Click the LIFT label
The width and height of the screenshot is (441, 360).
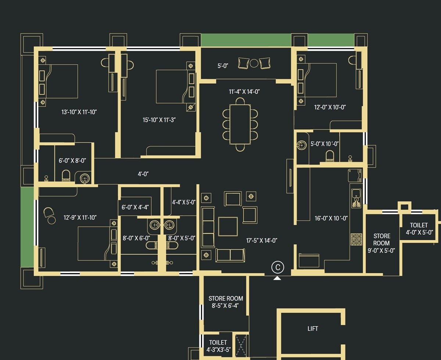tap(313, 329)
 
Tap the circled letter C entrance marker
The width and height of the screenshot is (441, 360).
tap(277, 267)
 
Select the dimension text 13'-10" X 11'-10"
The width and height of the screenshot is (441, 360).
tap(79, 112)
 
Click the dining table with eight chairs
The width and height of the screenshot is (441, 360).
tap(240, 125)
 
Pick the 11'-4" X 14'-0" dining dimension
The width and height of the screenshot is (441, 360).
tap(244, 92)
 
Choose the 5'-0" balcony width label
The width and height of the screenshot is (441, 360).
tap(223, 66)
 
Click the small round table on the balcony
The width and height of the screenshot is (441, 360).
tap(254, 63)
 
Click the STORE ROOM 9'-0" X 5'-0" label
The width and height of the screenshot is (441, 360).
tap(381, 243)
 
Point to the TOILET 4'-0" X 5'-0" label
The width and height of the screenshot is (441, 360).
tap(419, 228)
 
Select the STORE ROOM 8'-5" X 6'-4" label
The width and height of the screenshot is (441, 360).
tap(226, 302)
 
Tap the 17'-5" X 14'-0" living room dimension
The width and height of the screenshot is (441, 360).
tap(261, 241)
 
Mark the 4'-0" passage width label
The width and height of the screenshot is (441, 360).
tap(143, 174)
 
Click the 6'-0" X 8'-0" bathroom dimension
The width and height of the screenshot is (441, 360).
tap(72, 161)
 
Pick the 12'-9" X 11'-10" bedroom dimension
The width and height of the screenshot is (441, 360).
tap(80, 218)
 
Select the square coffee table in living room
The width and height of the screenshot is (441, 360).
tap(228, 226)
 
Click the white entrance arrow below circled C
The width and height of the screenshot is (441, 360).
tap(277, 278)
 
